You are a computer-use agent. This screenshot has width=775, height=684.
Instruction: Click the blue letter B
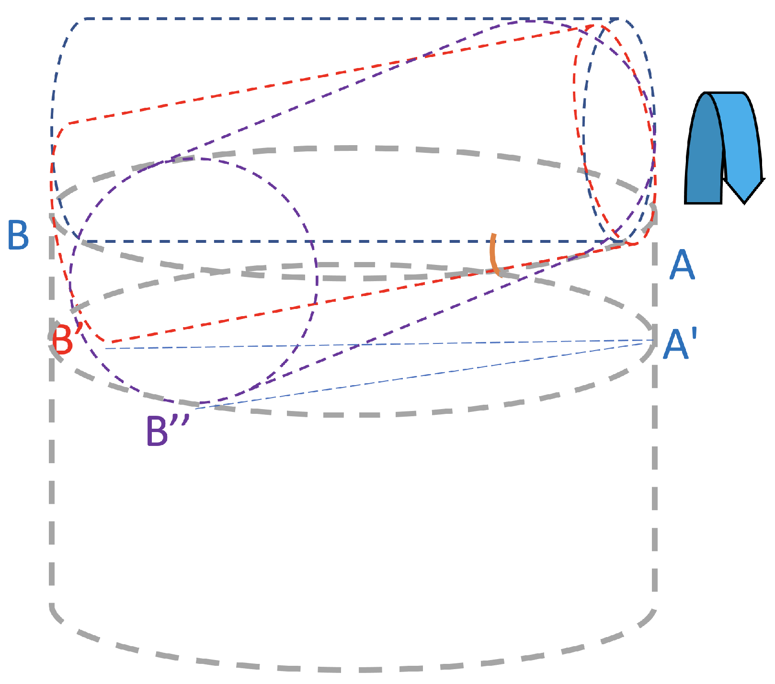pyautogui.click(x=18, y=235)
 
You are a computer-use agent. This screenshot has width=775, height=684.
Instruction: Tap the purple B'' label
pyautogui.click(x=166, y=431)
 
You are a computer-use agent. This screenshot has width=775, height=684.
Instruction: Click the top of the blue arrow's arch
pyautogui.click(x=723, y=94)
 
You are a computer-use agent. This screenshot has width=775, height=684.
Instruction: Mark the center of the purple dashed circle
pyautogui.click(x=194, y=281)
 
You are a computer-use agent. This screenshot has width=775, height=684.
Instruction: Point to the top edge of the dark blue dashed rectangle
pyautogui.click(x=335, y=19)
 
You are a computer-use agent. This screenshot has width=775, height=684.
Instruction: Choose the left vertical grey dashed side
pyautogui.click(x=51, y=479)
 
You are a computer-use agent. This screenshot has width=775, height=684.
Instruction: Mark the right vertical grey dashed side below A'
pyautogui.click(x=654, y=479)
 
